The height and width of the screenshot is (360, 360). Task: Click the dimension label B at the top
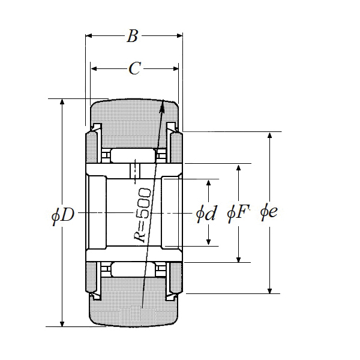(133, 37)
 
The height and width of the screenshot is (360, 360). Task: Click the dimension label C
(134, 68)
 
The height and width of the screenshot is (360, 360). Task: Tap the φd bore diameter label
(206, 214)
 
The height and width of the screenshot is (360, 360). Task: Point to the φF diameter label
(238, 213)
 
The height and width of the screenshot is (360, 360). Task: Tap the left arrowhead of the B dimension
(88, 37)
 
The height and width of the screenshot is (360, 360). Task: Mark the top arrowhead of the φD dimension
(62, 101)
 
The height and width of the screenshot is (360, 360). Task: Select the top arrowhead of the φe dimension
(269, 134)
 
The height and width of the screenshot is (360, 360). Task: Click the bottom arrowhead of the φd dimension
(208, 244)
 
